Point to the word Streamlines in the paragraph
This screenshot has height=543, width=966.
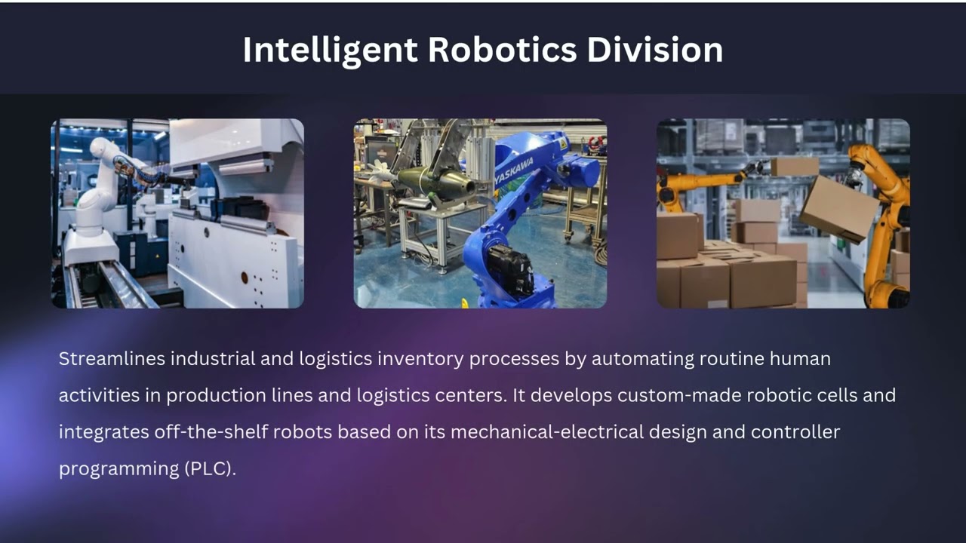(112, 359)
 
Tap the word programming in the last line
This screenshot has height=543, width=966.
(118, 468)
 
